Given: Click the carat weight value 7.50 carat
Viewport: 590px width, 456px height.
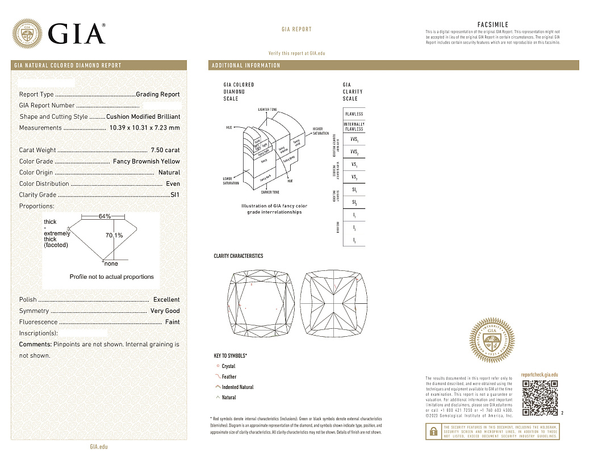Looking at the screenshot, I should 165,150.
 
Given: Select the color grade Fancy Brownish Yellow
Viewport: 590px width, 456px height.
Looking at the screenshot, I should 146,161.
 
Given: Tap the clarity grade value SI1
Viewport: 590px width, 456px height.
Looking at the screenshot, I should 175,195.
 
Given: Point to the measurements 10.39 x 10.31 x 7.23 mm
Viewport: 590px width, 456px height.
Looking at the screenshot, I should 145,128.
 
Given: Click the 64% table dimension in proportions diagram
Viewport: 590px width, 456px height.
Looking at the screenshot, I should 104,216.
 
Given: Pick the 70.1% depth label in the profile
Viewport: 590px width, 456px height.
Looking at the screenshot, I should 114,235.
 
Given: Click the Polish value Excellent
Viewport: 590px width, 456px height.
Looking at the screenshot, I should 166,299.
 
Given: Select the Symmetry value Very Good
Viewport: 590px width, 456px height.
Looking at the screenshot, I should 165,311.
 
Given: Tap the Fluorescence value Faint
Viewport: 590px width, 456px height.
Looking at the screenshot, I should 172,322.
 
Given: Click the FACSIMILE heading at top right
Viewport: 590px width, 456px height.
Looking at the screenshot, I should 493,24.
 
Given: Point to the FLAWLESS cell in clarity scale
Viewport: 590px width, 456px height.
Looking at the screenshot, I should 354,114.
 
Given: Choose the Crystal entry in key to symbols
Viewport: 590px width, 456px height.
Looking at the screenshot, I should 228,366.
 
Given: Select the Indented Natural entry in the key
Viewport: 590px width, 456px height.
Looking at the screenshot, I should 237,387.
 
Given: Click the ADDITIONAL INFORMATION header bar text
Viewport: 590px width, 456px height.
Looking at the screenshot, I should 246,65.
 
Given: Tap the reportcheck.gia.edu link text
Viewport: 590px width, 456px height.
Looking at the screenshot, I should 539,375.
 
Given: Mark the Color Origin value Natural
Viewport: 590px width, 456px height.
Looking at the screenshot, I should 169,173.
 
